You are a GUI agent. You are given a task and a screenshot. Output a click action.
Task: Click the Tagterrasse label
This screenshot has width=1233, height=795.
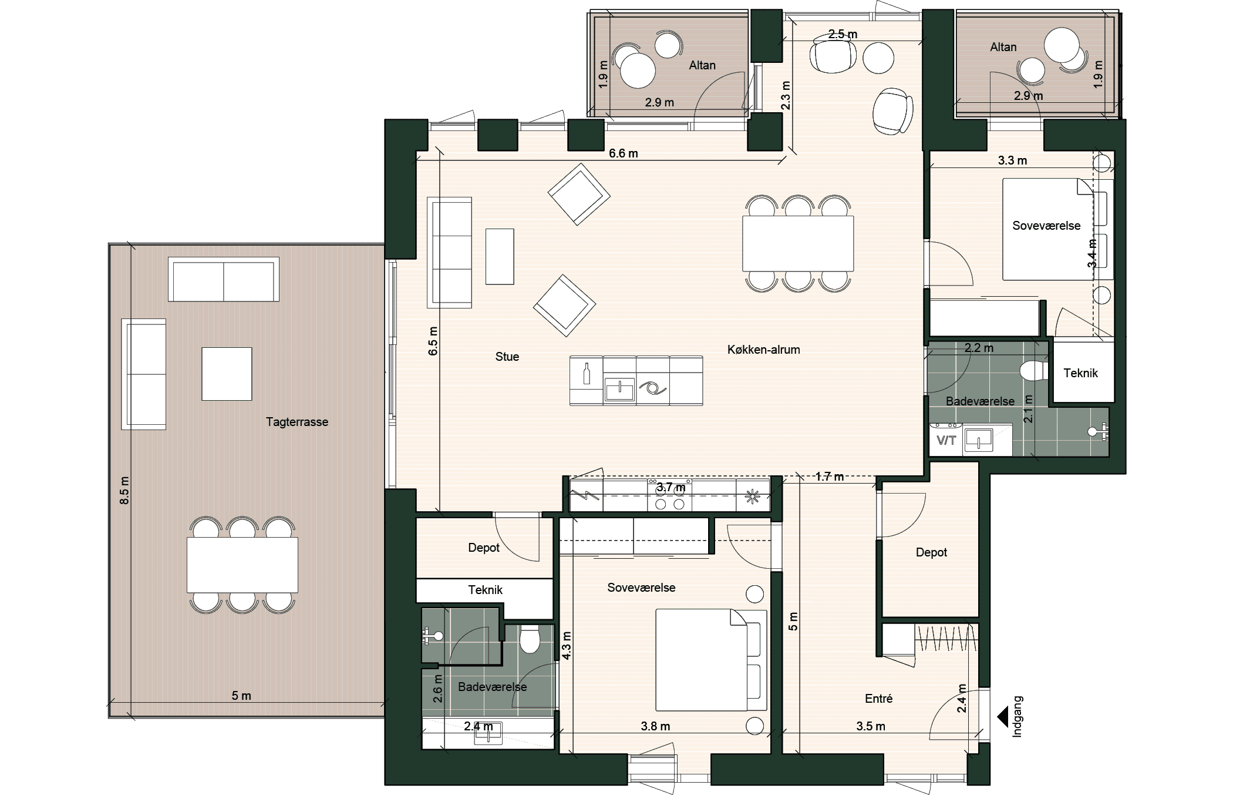(x=297, y=422)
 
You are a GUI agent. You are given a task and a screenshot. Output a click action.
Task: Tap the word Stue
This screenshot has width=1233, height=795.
(x=507, y=357)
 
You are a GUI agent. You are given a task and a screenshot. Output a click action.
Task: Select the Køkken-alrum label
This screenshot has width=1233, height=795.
(x=763, y=350)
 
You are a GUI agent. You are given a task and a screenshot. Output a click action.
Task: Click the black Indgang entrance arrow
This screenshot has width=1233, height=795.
(x=1003, y=717)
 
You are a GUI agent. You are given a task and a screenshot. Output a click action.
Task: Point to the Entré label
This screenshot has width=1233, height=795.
(x=878, y=699)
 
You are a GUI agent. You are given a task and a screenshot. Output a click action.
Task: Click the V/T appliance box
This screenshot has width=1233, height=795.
(x=946, y=440)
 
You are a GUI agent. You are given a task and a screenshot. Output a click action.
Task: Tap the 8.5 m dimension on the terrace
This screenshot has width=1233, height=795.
(x=124, y=490)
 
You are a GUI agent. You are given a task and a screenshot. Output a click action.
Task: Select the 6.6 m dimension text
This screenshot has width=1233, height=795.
(x=623, y=153)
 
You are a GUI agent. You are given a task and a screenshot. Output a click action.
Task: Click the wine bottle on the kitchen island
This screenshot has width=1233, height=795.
(x=586, y=374)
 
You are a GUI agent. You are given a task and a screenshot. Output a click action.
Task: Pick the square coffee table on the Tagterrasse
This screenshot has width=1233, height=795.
(x=227, y=374)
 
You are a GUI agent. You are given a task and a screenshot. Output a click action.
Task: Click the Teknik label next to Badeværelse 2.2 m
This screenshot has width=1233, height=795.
(x=1080, y=373)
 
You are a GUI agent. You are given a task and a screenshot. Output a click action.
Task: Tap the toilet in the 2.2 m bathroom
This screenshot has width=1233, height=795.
(x=1035, y=371)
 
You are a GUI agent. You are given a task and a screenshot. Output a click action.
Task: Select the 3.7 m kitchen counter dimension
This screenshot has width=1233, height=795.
(x=671, y=487)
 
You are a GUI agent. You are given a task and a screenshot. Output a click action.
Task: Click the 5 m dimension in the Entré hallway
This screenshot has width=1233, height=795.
(x=793, y=621)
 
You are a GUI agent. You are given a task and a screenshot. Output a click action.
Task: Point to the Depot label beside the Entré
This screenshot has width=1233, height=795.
(x=931, y=552)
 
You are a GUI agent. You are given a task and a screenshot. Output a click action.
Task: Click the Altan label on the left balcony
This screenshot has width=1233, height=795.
(x=702, y=65)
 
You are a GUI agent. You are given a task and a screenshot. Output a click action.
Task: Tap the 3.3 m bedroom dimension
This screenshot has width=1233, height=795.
(x=1012, y=160)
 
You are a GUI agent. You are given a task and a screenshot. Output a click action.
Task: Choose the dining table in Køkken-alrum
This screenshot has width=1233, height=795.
(x=798, y=244)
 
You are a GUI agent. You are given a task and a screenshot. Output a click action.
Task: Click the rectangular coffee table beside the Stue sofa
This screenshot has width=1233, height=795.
(x=500, y=257)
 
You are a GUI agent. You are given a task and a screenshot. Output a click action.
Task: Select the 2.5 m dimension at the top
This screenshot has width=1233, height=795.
(x=843, y=34)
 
